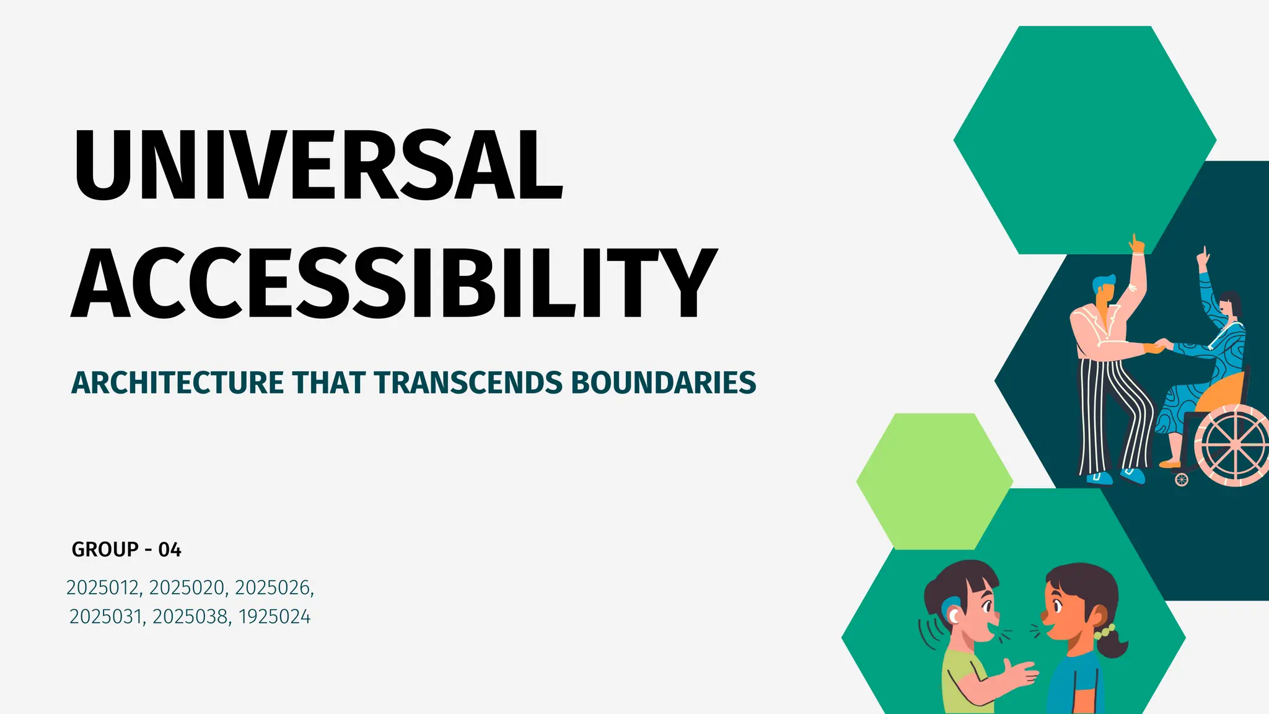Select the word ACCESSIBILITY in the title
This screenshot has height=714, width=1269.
pos(394,283)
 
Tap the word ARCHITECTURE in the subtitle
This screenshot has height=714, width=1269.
pos(177,382)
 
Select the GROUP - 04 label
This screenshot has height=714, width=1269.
pos(126,550)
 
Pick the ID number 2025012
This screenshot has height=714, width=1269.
pos(104,588)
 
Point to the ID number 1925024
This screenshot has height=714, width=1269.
pos(274,617)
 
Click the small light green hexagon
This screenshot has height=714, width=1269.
pos(934,481)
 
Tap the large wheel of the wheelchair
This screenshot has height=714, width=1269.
pos(1234,445)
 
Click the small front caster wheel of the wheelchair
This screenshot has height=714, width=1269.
pos(1182,479)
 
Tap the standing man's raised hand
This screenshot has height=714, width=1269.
pos(1136,243)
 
